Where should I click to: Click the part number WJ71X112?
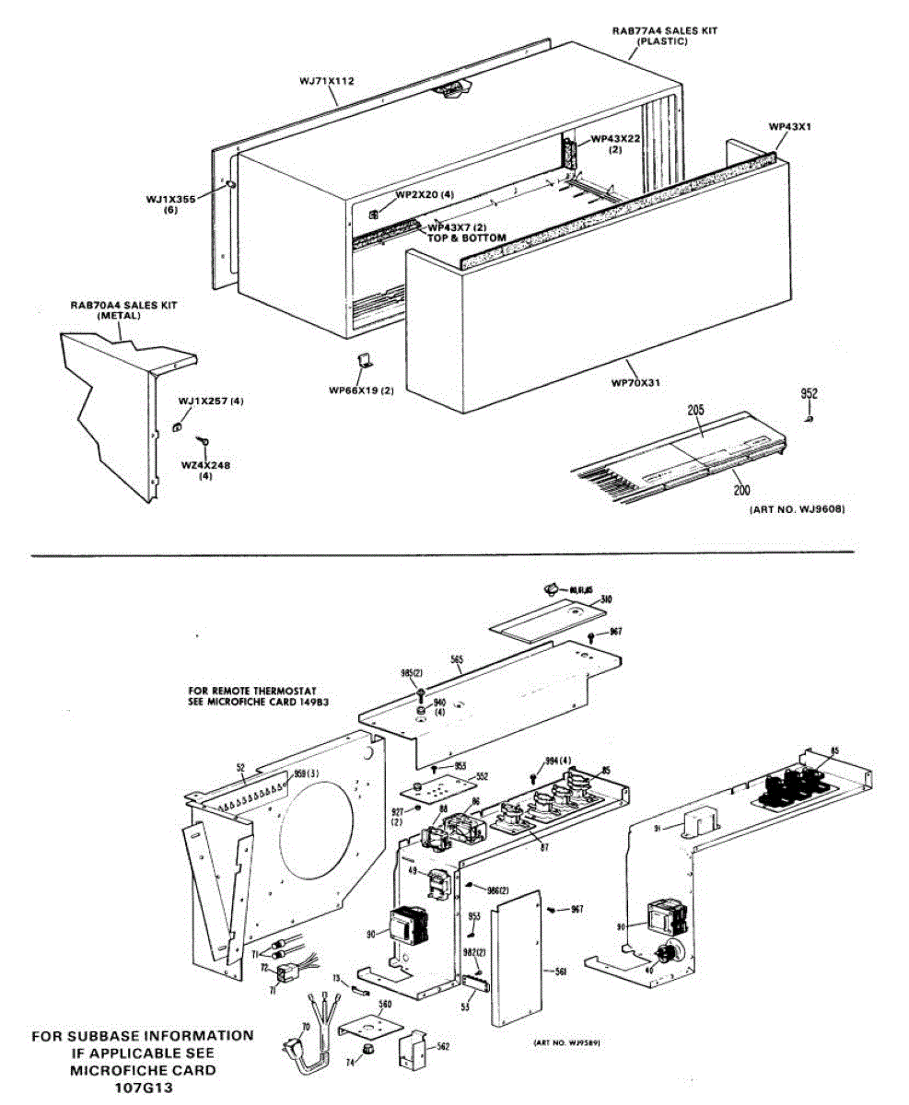pos(326,81)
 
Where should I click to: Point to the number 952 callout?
pos(809,393)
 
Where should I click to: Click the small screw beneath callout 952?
pos(809,417)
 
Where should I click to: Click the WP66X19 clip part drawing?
pos(363,360)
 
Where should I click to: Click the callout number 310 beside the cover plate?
pos(605,599)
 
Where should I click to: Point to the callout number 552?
pos(482,776)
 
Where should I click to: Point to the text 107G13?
pos(143,1088)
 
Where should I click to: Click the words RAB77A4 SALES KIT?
pos(665,30)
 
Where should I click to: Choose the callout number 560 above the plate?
pos(385,1004)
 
